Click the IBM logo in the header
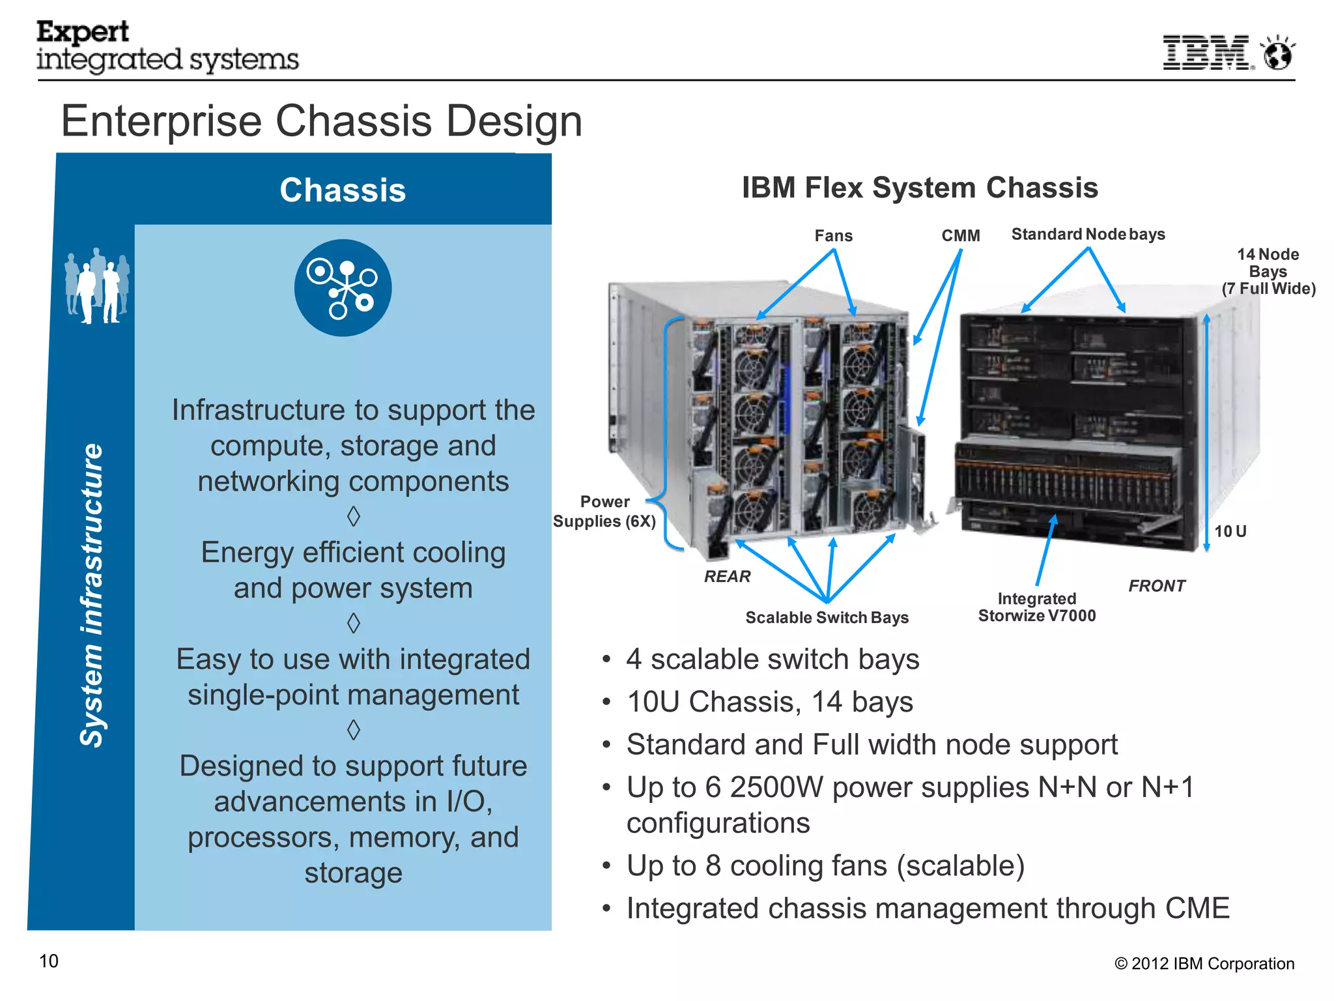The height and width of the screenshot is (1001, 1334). pos(1207,53)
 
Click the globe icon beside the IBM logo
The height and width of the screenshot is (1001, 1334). pos(1278,53)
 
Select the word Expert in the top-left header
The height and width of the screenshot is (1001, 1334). pos(83,31)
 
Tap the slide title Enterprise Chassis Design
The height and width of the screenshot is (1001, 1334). pos(322,121)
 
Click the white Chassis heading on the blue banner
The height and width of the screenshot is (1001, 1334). pos(343,190)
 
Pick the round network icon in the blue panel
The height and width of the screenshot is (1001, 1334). pos(343,287)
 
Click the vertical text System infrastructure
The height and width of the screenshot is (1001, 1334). pos(92,594)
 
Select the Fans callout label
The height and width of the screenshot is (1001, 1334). pos(833,236)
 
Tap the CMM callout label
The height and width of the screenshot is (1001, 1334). pos(960,236)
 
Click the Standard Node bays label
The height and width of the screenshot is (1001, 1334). pos(1088,234)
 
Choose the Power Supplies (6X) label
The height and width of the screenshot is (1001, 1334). pos(604,512)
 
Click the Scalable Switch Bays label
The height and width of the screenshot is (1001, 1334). pos(827,617)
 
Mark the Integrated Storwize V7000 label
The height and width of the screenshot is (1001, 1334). pos(1037,607)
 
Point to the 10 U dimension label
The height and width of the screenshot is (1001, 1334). pos(1230,531)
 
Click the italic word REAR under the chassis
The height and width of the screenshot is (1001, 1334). pos(727,576)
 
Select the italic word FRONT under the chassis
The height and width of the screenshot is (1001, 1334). pos(1156,586)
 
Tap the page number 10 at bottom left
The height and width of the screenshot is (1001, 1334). pos(49,961)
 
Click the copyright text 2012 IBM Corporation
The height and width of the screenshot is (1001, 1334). pos(1204,964)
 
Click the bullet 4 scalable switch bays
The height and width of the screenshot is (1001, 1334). pos(773,660)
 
